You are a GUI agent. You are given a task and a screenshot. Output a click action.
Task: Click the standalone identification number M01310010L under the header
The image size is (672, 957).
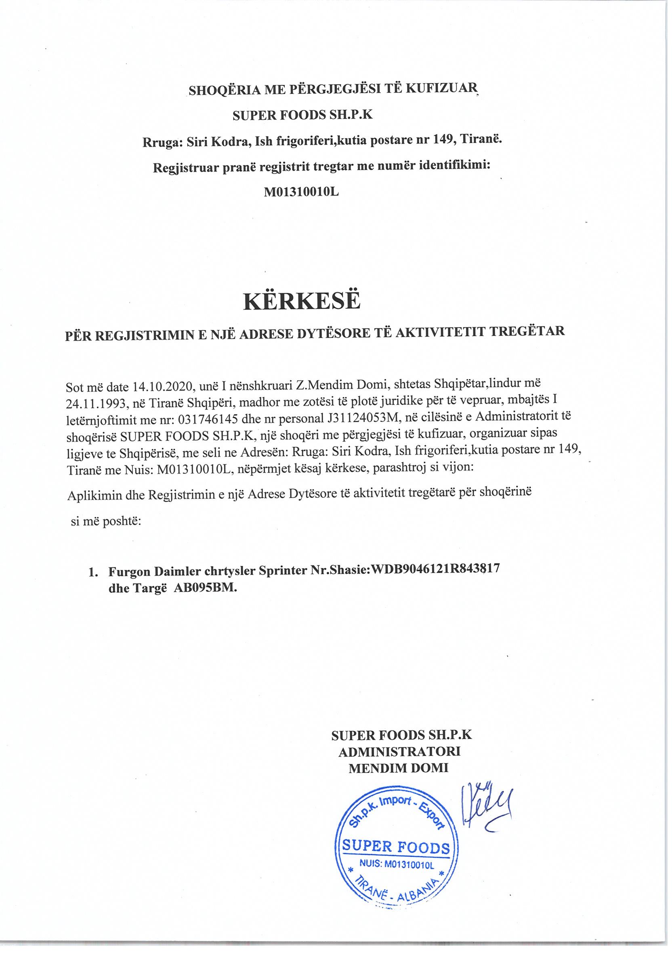(301, 191)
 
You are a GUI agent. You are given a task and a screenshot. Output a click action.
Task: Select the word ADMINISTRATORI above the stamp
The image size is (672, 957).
(399, 751)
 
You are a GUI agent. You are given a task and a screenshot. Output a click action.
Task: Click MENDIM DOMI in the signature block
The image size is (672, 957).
(398, 767)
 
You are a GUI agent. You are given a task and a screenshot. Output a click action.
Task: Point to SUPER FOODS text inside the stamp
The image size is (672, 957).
(396, 847)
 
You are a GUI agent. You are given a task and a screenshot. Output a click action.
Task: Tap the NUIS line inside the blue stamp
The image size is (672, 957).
(396, 865)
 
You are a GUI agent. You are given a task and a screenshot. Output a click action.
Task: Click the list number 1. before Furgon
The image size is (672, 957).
(93, 572)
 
